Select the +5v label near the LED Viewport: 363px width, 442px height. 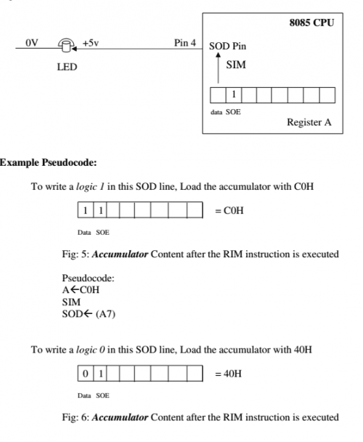tap(91, 43)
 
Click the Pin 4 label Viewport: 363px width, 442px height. tap(185, 43)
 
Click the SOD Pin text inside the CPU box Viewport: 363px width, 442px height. tap(229, 47)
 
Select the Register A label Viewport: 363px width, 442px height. tap(309, 122)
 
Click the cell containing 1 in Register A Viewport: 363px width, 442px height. tap(234, 95)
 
